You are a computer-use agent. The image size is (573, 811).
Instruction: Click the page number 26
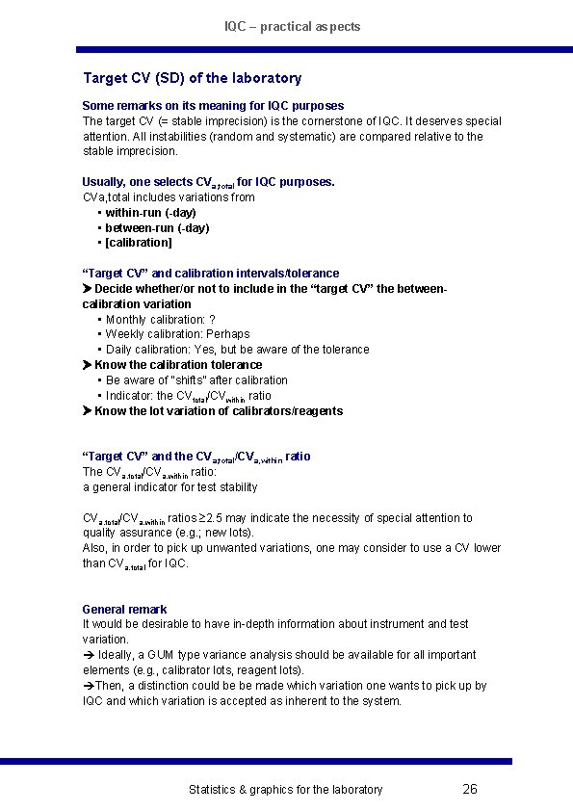pyautogui.click(x=469, y=789)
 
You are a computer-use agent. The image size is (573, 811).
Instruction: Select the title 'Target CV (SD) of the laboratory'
pyautogui.click(x=192, y=78)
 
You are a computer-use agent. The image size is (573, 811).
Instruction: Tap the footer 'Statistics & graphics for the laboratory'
pyautogui.click(x=285, y=790)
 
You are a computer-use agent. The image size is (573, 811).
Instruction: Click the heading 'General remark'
pyautogui.click(x=124, y=609)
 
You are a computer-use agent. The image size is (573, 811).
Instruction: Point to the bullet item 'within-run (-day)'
pyautogui.click(x=150, y=212)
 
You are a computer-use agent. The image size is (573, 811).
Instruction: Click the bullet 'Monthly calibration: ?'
pyautogui.click(x=160, y=319)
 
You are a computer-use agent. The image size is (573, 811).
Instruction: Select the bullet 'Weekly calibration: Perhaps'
pyautogui.click(x=177, y=334)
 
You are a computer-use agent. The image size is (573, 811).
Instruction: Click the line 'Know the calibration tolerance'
pyautogui.click(x=178, y=365)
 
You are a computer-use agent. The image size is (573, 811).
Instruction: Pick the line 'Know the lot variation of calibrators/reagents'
pyautogui.click(x=219, y=411)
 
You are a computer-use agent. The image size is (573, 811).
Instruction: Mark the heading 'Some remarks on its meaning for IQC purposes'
pyautogui.click(x=213, y=105)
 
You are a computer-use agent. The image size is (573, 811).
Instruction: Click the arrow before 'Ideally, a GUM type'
pyautogui.click(x=88, y=655)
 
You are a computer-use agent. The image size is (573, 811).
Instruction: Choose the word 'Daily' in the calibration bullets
pyautogui.click(x=120, y=350)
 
